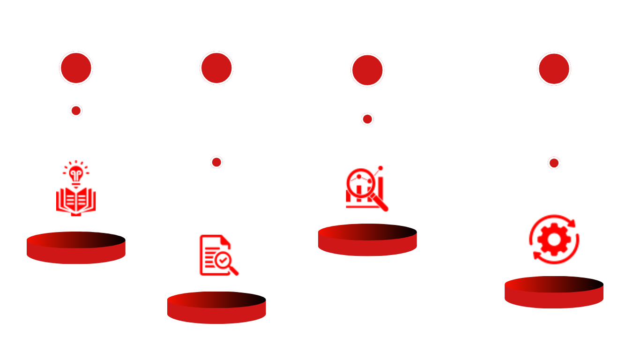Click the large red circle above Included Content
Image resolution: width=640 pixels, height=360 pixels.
point(76,68)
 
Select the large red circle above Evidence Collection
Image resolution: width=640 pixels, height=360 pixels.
point(216,68)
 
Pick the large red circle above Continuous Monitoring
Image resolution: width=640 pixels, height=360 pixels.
point(554,68)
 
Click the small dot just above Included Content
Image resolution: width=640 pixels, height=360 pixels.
point(76,111)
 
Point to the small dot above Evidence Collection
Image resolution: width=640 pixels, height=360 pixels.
point(216,162)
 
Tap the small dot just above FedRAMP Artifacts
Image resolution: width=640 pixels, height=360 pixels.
point(367,119)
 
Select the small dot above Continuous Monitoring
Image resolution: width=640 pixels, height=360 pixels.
point(554,163)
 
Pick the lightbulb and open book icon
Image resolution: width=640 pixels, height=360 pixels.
point(76,188)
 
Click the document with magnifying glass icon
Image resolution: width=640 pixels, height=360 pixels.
point(218,255)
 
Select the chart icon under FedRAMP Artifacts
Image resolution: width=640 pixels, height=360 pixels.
point(366,189)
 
